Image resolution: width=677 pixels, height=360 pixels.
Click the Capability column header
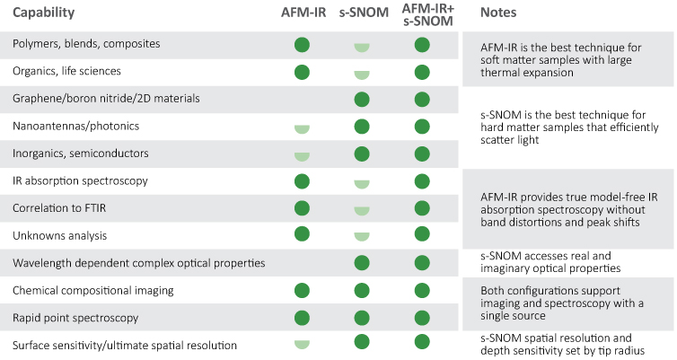44,13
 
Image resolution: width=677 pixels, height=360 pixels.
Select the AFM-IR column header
303,13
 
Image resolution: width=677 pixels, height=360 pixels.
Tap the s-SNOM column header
364,13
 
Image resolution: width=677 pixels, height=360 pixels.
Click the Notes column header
498,13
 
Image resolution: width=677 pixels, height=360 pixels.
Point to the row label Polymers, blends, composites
86,44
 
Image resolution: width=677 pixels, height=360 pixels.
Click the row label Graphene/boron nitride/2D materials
106,99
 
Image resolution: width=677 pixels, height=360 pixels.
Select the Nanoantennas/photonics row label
76,126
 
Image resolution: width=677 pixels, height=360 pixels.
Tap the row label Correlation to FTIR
59,208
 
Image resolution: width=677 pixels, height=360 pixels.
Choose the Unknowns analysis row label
59,236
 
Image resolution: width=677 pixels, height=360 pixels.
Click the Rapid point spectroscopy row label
75,318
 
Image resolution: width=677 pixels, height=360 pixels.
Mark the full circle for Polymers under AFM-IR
302,45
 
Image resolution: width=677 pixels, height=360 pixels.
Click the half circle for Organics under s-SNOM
362,75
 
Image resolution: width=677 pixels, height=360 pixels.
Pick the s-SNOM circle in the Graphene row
362,100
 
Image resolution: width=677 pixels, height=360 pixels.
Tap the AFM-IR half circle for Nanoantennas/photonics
302,129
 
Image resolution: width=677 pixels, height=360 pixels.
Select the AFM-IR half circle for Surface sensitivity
302,345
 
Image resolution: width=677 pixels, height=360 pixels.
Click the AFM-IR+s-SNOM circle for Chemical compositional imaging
422,291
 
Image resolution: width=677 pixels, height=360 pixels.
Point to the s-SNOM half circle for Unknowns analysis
362,236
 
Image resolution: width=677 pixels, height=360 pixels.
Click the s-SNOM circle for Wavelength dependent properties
362,263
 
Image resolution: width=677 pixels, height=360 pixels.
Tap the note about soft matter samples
561,59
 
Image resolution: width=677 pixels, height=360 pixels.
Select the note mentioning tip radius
563,344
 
